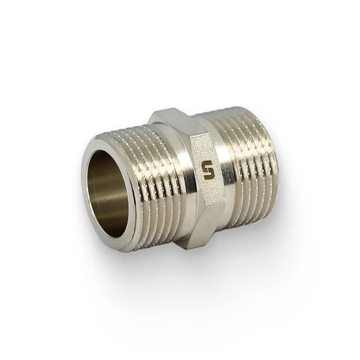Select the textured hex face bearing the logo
click(x=204, y=170)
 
